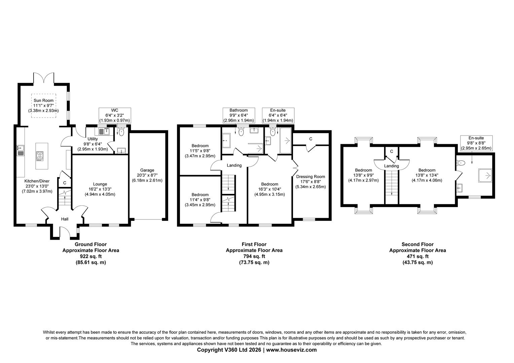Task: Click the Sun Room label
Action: coord(43,100)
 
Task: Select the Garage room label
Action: coord(147,170)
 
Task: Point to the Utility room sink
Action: coord(104,131)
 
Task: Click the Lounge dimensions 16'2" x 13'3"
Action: coord(100,189)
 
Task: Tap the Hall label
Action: coord(65,219)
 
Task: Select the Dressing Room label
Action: coord(310,176)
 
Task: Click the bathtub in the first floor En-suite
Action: coord(286,140)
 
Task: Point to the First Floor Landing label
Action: coord(234,165)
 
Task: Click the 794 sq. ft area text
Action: coord(254,256)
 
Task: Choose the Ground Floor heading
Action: coord(90,244)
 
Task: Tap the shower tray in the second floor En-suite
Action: coord(485,176)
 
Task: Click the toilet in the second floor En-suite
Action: coord(461,163)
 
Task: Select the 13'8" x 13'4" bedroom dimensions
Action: coord(427,175)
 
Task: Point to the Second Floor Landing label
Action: coord(392,166)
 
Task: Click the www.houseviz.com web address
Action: coord(291,350)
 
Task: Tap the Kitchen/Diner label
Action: coord(37,181)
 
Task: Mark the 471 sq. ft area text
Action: coord(417,256)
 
